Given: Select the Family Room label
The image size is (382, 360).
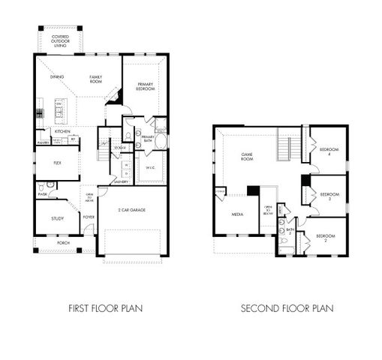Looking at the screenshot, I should (96, 79).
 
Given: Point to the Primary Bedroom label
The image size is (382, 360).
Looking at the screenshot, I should (146, 86).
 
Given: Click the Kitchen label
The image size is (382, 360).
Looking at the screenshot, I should (62, 130).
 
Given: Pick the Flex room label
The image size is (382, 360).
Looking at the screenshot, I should (57, 162).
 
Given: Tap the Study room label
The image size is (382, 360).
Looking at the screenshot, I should (57, 219).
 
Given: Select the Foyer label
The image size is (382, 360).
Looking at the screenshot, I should (89, 218).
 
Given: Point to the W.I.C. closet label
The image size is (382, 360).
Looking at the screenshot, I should (149, 166).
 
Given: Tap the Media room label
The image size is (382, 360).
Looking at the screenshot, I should (237, 214).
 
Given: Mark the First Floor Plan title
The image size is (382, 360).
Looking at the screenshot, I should (105, 308).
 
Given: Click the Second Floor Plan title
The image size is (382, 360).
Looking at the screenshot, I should (287, 308).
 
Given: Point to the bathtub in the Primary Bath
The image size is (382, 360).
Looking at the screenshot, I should (161, 140).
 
